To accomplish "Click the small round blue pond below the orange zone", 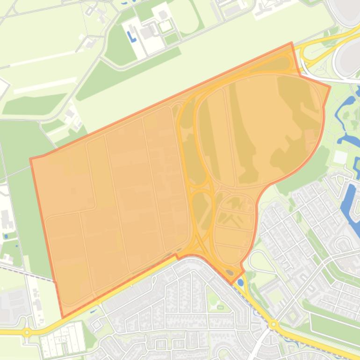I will [x=240, y=282].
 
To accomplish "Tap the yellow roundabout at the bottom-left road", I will [x=27, y=333].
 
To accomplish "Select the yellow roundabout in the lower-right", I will [x=274, y=324].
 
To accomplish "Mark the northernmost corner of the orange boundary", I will [x=292, y=43].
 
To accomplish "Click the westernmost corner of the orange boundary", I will [x=30, y=159].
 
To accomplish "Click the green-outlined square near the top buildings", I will [x=165, y=26].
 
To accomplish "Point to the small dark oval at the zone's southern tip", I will [x=229, y=272].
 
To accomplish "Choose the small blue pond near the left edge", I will [x=6, y=236].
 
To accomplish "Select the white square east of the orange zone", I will [x=340, y=157].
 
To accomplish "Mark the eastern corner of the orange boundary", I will [x=330, y=86].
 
